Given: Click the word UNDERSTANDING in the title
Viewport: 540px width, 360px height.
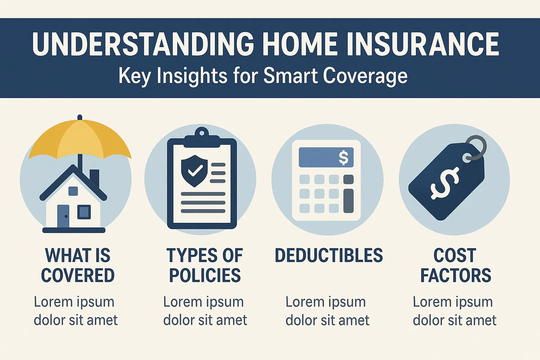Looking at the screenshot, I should point(143,44).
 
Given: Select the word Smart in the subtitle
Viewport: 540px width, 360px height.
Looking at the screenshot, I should point(290,76).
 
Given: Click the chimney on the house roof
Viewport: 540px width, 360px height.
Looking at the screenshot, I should point(95,178).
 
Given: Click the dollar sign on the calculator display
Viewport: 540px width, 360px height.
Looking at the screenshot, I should point(343,157).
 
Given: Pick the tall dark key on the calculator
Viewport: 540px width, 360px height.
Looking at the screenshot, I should point(348,200).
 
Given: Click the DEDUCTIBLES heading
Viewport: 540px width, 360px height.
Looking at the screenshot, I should point(329,256).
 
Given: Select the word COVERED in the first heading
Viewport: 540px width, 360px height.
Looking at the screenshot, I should point(78,276).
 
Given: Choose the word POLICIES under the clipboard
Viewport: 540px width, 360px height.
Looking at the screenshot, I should point(205,276).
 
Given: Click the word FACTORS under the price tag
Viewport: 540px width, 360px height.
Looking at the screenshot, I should point(456,276).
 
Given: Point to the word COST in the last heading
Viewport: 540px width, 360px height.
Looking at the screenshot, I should point(455,256).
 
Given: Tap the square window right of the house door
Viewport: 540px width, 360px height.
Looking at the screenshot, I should point(84,212).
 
